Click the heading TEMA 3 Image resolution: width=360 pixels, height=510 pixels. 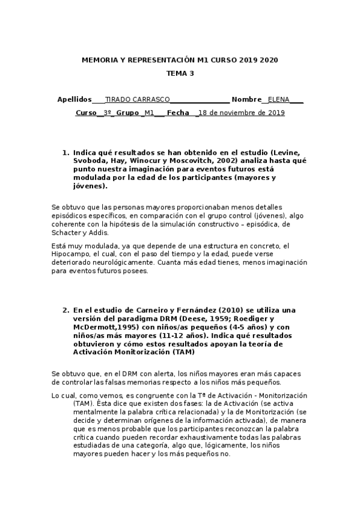pos(180,74)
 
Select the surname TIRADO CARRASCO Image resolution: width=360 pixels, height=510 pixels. pos(137,99)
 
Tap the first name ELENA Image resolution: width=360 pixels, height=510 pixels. pos(278,99)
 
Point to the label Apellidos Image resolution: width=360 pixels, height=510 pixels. pos(74,99)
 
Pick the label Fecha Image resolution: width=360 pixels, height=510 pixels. pos(178,112)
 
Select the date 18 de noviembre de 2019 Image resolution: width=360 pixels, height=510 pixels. pos(242,112)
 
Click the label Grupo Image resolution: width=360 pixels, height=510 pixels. pos(127,112)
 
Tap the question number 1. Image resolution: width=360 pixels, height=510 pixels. pos(66,153)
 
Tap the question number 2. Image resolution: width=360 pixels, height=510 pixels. pos(66,310)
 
